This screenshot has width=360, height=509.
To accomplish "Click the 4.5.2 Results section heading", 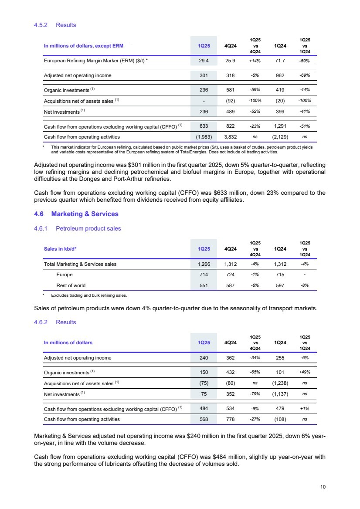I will [x=55, y=25].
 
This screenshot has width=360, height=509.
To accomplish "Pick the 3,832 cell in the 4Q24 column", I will [x=230, y=137].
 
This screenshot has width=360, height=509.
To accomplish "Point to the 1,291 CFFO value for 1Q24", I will [x=279, y=127].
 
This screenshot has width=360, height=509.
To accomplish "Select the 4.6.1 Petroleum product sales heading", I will [x=77, y=228].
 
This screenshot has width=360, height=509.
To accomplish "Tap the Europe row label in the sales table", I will [x=65, y=275].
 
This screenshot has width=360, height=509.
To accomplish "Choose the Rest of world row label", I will [x=71, y=285].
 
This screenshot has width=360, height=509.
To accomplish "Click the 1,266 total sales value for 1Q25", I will [x=203, y=264].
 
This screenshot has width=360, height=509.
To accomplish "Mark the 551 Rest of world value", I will [x=203, y=285].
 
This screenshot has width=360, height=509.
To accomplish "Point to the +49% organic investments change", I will [x=304, y=372].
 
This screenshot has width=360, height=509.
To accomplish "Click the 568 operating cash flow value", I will [x=203, y=419].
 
